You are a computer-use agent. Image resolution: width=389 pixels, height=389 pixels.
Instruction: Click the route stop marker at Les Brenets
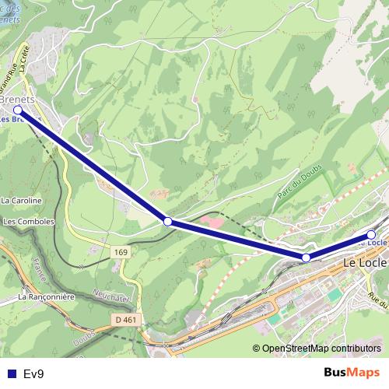coord(19,110)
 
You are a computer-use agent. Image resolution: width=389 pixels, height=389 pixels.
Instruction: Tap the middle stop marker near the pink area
coord(168,222)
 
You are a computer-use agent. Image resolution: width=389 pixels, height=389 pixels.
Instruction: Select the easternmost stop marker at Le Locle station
coord(371,234)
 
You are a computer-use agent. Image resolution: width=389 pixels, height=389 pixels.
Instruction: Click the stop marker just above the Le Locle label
coord(306,257)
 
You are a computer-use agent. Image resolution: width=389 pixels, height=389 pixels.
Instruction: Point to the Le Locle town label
coord(365,265)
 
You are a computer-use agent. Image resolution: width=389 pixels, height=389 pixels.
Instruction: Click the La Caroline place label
coord(21,200)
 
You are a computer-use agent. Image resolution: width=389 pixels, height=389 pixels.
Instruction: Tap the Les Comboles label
coord(29,222)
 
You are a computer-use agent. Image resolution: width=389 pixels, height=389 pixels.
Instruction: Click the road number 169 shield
coord(120,252)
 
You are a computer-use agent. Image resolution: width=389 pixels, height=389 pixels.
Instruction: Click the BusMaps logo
coord(352,373)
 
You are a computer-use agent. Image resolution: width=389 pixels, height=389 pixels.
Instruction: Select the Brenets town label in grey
coord(19,100)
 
